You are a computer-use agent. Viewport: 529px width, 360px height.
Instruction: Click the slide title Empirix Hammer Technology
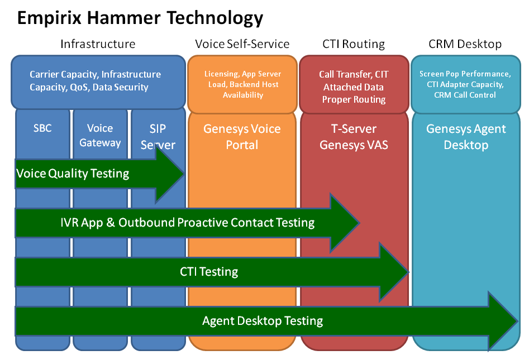click(140, 18)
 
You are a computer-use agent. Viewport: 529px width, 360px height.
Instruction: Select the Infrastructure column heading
click(98, 44)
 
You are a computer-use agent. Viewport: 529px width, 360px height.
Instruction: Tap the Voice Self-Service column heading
click(242, 44)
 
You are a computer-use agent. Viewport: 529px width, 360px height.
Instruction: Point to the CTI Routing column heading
click(354, 44)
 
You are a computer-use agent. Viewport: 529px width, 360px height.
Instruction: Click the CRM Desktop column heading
click(465, 44)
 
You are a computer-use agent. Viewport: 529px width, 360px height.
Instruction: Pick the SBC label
click(42, 128)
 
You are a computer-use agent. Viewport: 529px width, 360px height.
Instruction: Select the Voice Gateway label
click(100, 136)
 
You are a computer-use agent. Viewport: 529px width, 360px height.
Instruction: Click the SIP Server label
click(158, 137)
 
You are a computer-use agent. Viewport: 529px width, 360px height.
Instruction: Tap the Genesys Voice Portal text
click(242, 137)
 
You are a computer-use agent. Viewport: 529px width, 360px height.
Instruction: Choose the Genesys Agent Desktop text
click(466, 137)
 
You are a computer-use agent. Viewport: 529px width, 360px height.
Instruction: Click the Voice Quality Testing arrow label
click(73, 174)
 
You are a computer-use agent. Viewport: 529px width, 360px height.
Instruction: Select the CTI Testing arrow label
click(209, 272)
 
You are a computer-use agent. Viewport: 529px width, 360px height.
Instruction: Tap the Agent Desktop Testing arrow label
click(263, 321)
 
